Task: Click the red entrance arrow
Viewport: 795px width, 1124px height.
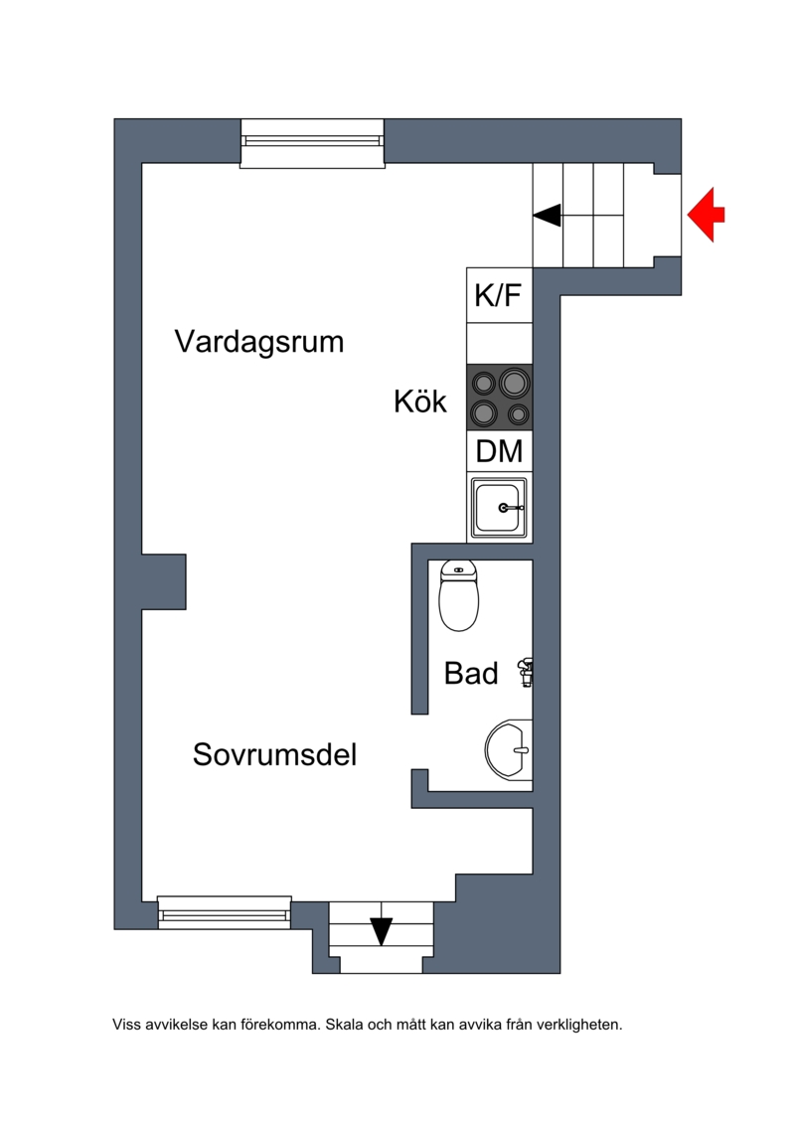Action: click(x=707, y=215)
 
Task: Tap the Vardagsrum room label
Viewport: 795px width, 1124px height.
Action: click(x=259, y=341)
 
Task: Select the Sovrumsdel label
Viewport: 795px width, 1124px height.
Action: click(x=274, y=754)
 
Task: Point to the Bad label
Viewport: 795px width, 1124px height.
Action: click(x=471, y=673)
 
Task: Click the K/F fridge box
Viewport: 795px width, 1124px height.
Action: click(x=499, y=294)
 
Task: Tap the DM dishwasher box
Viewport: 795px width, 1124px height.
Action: click(x=499, y=451)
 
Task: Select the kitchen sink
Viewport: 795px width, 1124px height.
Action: click(x=499, y=508)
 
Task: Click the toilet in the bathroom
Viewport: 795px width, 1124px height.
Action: click(x=459, y=595)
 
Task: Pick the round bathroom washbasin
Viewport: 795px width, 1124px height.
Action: click(x=509, y=749)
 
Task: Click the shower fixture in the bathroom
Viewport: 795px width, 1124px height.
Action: click(x=526, y=673)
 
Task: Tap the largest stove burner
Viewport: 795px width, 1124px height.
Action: click(x=514, y=383)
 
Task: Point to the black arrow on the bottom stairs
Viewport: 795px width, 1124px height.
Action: click(x=382, y=931)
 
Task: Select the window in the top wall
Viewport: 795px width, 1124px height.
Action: click(x=312, y=143)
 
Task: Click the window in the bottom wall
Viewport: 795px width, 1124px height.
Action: click(x=225, y=912)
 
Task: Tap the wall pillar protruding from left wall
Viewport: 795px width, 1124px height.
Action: click(x=164, y=581)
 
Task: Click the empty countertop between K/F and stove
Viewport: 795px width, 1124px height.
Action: click(x=499, y=344)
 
